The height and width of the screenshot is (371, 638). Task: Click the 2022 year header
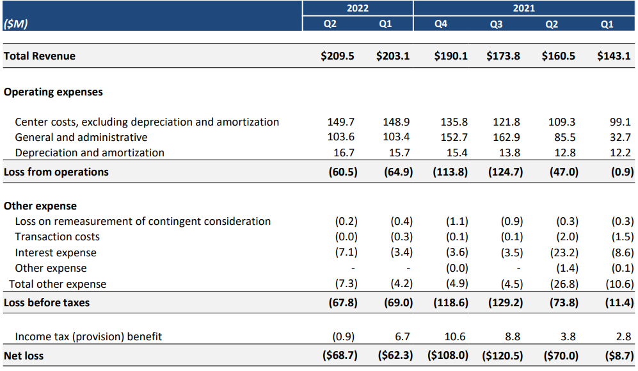click(x=357, y=8)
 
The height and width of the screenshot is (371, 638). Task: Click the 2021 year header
click(x=523, y=8)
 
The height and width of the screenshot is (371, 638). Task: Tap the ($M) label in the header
click(x=16, y=24)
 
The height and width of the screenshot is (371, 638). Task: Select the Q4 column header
click(x=440, y=24)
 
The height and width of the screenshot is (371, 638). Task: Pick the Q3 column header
click(x=496, y=24)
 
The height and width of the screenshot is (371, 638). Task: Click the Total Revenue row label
click(x=40, y=56)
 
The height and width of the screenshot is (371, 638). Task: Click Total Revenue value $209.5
click(x=337, y=56)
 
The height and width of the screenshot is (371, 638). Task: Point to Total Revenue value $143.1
click(x=614, y=56)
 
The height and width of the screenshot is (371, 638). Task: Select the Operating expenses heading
click(x=53, y=92)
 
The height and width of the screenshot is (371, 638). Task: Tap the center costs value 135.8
click(x=455, y=122)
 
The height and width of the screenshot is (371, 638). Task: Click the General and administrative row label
click(x=81, y=137)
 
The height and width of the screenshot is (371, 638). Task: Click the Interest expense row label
click(x=56, y=252)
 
